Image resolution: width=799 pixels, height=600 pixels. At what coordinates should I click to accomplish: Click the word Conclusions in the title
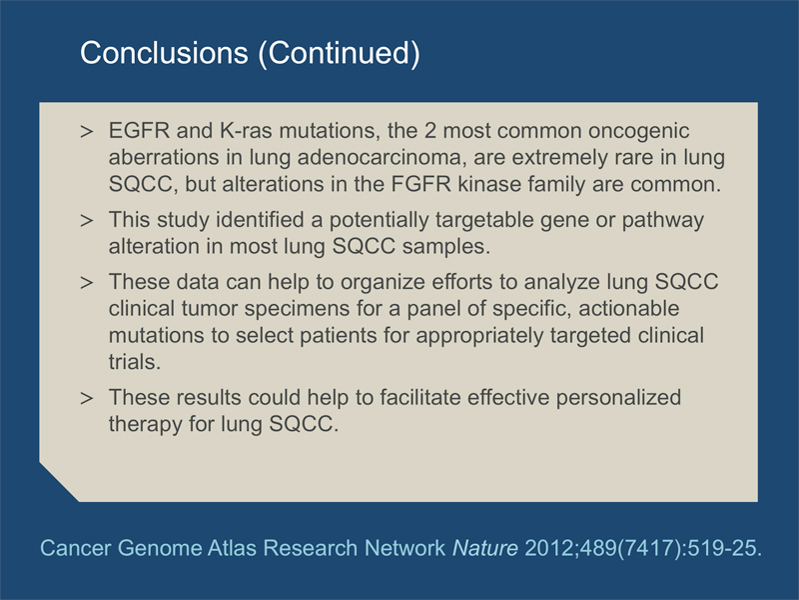(x=164, y=53)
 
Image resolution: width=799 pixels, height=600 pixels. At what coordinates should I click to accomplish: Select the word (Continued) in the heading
(x=340, y=54)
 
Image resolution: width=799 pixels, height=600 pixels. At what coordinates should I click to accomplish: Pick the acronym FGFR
(x=421, y=184)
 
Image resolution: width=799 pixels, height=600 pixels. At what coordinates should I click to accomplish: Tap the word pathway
(x=663, y=220)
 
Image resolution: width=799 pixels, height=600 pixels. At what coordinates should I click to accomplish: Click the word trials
(x=135, y=362)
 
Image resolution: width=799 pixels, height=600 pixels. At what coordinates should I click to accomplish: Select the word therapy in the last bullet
(x=145, y=424)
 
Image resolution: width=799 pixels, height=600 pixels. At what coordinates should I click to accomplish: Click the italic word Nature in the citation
(x=485, y=548)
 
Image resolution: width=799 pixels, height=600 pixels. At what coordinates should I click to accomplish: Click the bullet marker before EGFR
(x=87, y=132)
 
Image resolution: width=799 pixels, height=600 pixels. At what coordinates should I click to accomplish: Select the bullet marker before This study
(x=87, y=221)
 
